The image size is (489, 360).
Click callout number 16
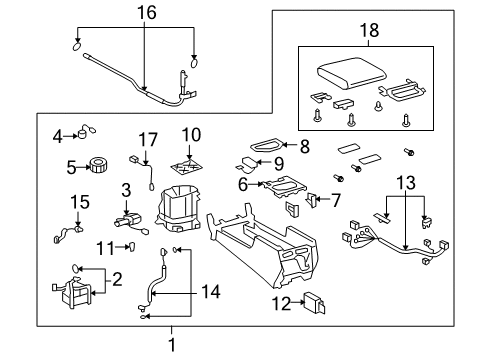coord(148,13)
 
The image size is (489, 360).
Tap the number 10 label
coord(190,133)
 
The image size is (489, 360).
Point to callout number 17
coord(148,139)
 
